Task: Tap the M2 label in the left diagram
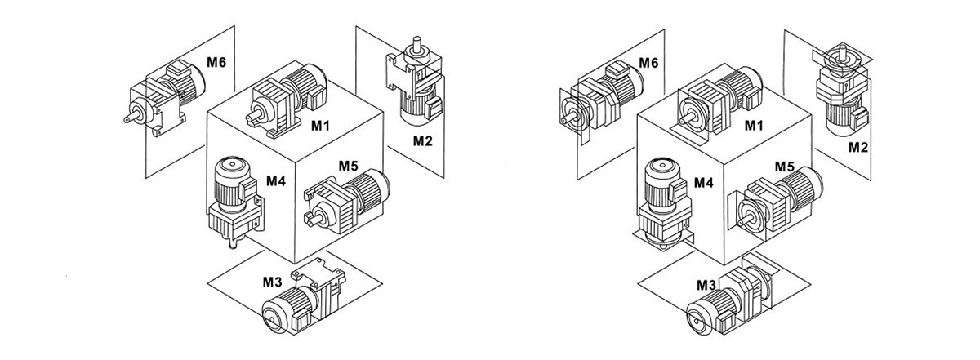[422, 140]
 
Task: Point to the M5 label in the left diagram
[349, 166]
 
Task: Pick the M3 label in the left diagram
[272, 282]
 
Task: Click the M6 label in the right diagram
[648, 63]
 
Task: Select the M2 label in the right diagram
[857, 147]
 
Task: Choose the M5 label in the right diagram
[785, 166]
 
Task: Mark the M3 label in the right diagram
[706, 285]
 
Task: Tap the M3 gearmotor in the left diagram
[298, 298]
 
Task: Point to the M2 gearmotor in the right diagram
[841, 90]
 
